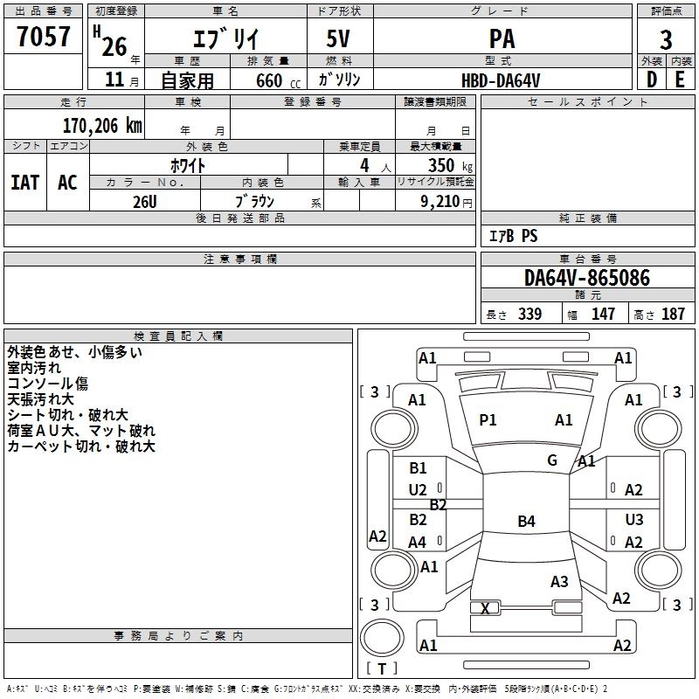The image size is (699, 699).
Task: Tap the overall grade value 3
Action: [x=666, y=39]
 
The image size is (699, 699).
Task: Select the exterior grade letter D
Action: [x=651, y=80]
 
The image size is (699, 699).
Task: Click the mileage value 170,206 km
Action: [x=102, y=126]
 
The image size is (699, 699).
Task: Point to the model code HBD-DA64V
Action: [x=501, y=80]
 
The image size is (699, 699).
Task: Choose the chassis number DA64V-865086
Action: [x=586, y=279]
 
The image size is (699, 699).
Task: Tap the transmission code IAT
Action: [x=24, y=183]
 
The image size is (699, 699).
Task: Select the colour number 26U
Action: [x=144, y=201]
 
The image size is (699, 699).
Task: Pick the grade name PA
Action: [x=502, y=39]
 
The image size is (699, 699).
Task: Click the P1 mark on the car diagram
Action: [x=488, y=420]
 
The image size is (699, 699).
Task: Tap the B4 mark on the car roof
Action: [x=526, y=522]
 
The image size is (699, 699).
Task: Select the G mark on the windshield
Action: [x=552, y=460]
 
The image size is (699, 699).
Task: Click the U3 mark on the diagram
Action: [x=634, y=520]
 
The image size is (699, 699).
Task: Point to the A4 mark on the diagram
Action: [x=418, y=543]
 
